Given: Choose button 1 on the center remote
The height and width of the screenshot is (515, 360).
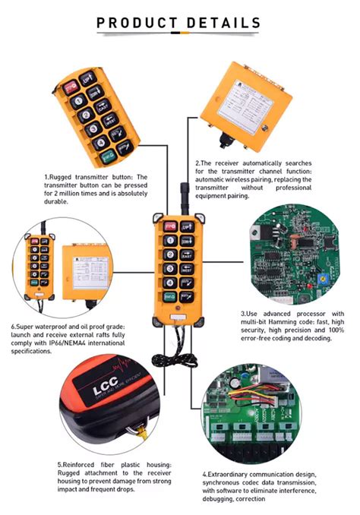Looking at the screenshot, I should point(169,242).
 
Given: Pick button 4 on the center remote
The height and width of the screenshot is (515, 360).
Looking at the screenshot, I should point(169,289).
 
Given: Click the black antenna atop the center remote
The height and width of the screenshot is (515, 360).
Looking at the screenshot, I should point(182,194).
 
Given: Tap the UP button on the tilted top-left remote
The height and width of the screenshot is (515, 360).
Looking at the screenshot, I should point(87,77).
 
